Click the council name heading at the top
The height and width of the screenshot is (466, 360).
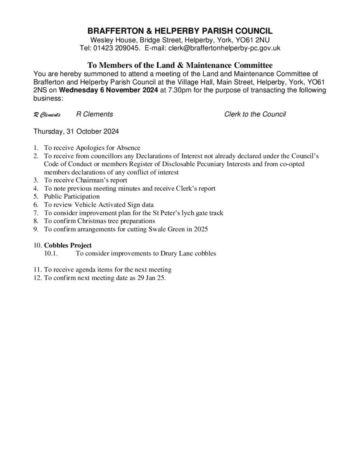point(180,31)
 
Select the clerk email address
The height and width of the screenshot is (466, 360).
point(224,48)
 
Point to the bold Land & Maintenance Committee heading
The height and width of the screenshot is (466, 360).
point(180,65)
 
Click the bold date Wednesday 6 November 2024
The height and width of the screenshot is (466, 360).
point(109,90)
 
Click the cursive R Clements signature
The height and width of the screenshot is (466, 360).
point(47,115)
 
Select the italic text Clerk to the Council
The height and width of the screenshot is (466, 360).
point(255,114)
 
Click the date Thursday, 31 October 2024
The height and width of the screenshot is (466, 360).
point(76,131)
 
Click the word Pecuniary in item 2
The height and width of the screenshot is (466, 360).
point(219,164)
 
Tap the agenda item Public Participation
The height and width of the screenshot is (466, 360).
point(72,196)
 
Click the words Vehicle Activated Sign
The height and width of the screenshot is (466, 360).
point(109,205)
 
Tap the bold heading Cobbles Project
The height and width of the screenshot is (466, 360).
point(68,245)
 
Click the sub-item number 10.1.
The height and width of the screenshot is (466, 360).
point(51,254)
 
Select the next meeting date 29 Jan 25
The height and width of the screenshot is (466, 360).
point(151,278)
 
